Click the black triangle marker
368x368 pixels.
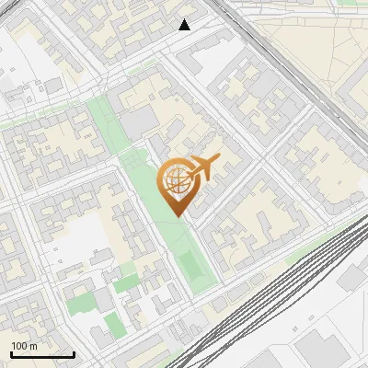tap(185, 25)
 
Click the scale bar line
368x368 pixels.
tap(42, 354)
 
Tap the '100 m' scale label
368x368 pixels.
tap(25, 346)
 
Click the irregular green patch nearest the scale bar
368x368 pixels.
tap(81, 302)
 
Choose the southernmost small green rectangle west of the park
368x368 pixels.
tap(114, 324)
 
